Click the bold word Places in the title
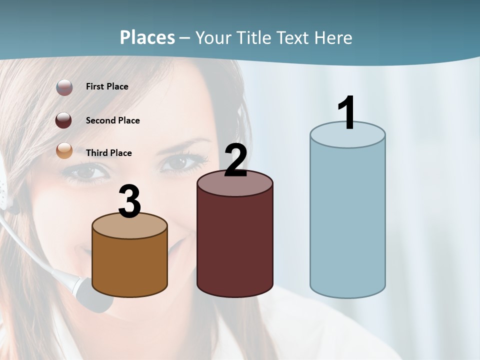[x=147, y=38]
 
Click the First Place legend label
[x=107, y=86]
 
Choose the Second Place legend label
[x=112, y=120]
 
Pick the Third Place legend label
[x=108, y=153]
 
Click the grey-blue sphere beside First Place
[x=64, y=87]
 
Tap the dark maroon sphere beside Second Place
[x=64, y=120]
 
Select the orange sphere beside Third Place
[x=64, y=150]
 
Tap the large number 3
[x=129, y=202]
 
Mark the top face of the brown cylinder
[x=129, y=226]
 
